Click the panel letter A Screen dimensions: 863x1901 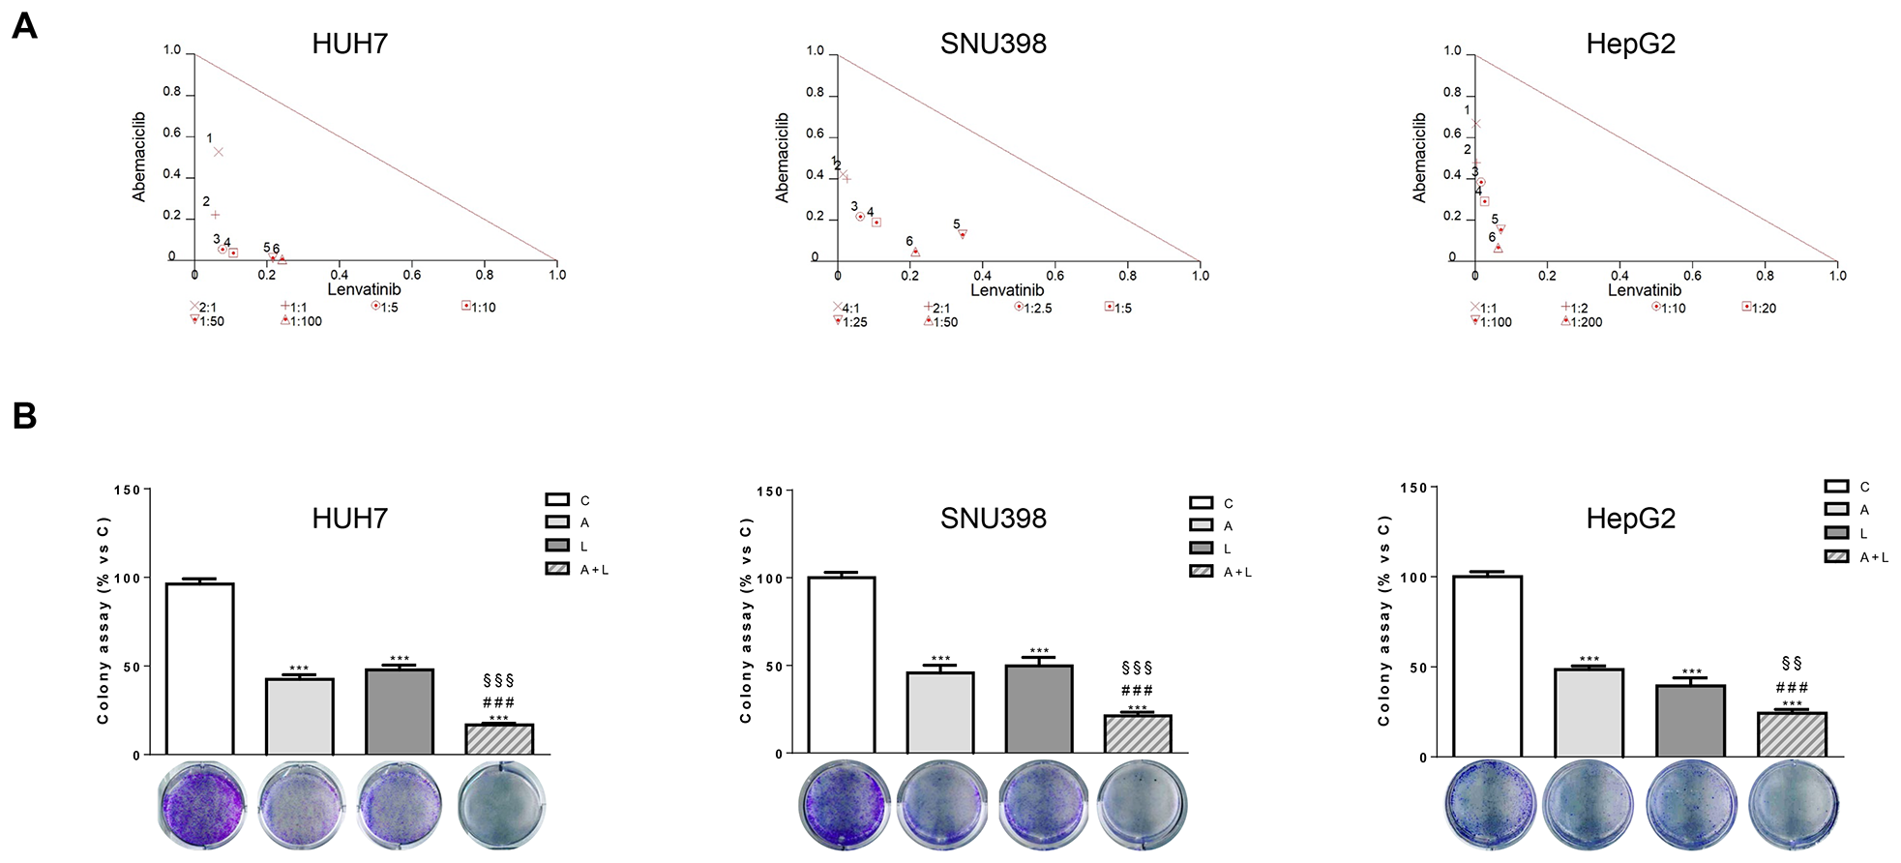pyautogui.click(x=24, y=26)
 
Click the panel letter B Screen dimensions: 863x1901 pyautogui.click(x=24, y=416)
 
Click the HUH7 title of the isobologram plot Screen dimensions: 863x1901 pyautogui.click(x=349, y=44)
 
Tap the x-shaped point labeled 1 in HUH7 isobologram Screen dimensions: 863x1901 pyautogui.click(x=219, y=152)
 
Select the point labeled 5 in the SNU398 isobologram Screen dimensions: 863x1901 pyautogui.click(x=963, y=234)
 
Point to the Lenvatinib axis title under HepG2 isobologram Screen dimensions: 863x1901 pyautogui.click(x=1644, y=290)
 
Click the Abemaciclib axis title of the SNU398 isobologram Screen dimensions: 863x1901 pyautogui.click(x=782, y=158)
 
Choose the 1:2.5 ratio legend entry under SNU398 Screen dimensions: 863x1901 pyautogui.click(x=1033, y=308)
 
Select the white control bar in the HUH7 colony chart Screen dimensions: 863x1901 pyautogui.click(x=199, y=668)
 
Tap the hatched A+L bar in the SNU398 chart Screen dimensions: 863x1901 pyautogui.click(x=1138, y=733)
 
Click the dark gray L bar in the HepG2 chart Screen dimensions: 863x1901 pyautogui.click(x=1690, y=721)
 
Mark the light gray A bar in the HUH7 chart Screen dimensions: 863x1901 pyautogui.click(x=300, y=716)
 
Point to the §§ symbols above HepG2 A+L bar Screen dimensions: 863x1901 pyautogui.click(x=1791, y=664)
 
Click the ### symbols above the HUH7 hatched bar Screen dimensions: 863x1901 pyautogui.click(x=498, y=702)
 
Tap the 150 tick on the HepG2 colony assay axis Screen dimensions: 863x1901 pyautogui.click(x=1412, y=488)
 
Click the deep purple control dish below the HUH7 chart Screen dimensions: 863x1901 pyautogui.click(x=202, y=805)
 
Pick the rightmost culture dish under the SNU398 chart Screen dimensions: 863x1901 pyautogui.click(x=1143, y=805)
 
